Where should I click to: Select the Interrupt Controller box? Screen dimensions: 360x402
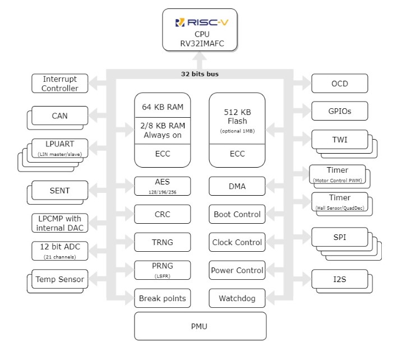tap(59, 84)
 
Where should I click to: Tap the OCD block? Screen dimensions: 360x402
tap(339, 84)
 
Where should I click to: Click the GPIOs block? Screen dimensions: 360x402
tap(339, 110)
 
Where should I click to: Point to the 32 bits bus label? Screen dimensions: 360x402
tap(200, 74)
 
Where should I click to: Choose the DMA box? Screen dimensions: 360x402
tap(237, 186)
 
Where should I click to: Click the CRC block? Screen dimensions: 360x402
tap(163, 214)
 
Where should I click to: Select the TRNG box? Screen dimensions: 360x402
tap(163, 242)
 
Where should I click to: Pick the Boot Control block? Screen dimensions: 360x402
tap(237, 214)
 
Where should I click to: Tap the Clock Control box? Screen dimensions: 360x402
tap(237, 242)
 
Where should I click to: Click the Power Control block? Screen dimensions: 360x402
tap(237, 270)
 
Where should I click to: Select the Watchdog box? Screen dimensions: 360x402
tap(237, 298)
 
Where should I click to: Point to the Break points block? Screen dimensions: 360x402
tap(163, 298)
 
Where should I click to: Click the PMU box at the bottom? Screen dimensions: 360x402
tap(200, 326)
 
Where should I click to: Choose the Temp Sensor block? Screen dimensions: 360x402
tap(59, 279)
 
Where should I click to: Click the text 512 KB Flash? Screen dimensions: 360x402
tap(237, 116)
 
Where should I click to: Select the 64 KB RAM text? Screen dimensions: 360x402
tap(163, 107)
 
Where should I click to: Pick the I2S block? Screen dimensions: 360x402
tap(339, 279)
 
